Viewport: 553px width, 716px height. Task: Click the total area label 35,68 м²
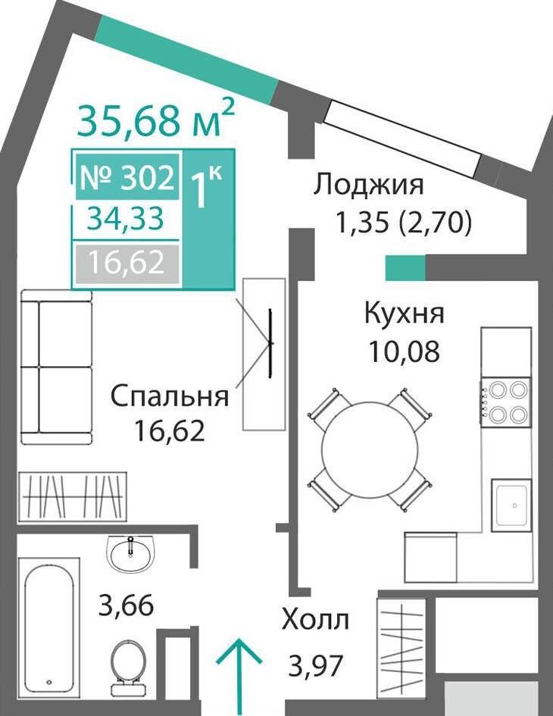[156, 118]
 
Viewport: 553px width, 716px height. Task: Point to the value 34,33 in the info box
[126, 219]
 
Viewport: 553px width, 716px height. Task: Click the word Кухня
[404, 314]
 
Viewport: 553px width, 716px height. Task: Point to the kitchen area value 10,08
[404, 351]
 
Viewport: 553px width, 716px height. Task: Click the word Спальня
[170, 395]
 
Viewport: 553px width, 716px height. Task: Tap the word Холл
[315, 620]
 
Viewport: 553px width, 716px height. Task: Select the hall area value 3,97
[316, 665]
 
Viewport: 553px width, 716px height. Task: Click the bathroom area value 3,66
[127, 606]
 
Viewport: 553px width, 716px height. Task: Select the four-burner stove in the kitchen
[505, 403]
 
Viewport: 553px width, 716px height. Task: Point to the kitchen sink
[511, 505]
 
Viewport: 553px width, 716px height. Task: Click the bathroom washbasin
[131, 553]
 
